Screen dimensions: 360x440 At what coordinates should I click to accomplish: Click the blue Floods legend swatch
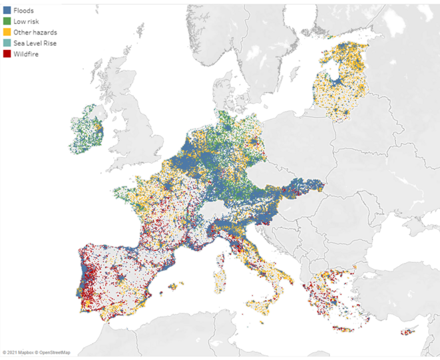click(x=7, y=11)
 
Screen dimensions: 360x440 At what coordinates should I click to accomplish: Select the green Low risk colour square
click(x=7, y=21)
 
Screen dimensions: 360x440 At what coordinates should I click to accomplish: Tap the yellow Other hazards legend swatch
click(x=7, y=32)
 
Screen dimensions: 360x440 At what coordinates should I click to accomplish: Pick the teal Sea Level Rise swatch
click(x=7, y=43)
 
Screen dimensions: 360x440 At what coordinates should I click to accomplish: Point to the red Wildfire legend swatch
click(x=7, y=53)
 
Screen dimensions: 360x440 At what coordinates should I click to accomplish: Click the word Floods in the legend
click(x=24, y=11)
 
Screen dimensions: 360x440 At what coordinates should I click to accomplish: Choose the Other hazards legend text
click(x=32, y=32)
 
